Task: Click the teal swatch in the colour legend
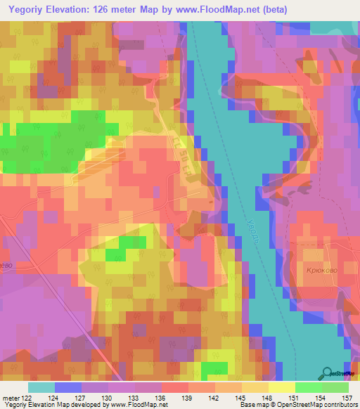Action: (41, 387)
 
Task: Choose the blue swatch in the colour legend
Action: (68, 387)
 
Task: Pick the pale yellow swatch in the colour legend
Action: (282, 387)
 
